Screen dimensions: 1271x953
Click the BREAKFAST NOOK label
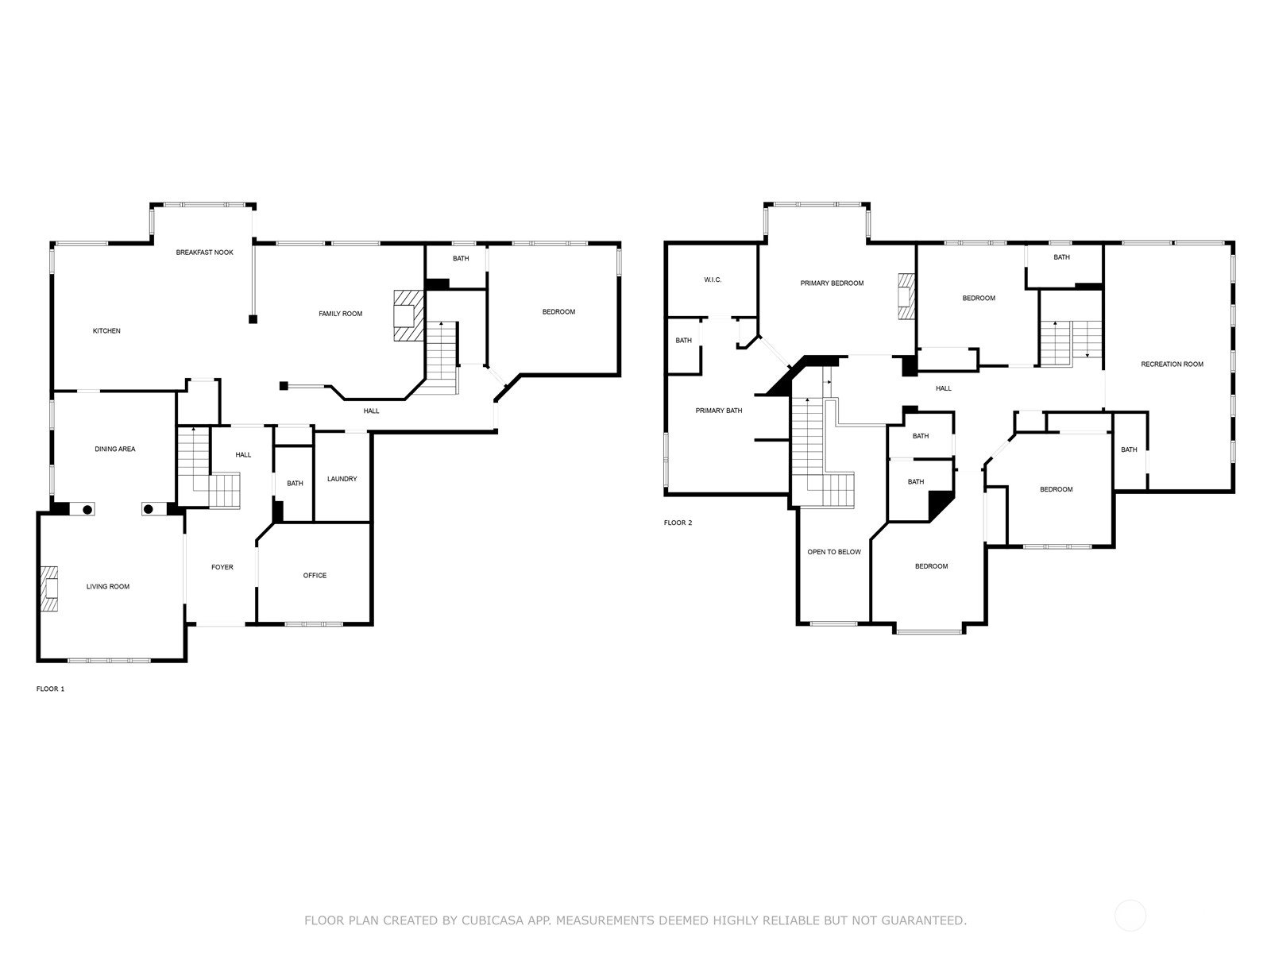pos(204,253)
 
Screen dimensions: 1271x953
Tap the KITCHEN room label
pos(106,331)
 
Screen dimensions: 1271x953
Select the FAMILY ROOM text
pos(341,314)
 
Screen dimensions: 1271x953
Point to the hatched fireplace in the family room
pos(408,316)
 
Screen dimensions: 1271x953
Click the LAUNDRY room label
pos(342,479)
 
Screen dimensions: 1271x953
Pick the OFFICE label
pos(315,576)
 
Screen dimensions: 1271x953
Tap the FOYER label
pos(222,568)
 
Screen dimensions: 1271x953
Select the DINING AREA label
pos(115,449)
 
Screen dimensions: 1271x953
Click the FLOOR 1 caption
pos(50,689)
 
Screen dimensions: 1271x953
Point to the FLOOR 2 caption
pos(678,523)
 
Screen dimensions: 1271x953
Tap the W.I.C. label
pos(713,280)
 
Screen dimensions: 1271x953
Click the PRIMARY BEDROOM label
pos(832,284)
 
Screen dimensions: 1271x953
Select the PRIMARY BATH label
pos(719,411)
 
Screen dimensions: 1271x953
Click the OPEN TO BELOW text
pos(834,552)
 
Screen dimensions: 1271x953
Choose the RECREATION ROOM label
pos(1172,365)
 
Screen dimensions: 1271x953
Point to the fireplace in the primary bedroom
pos(906,296)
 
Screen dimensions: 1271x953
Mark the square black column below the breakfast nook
pos(253,318)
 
